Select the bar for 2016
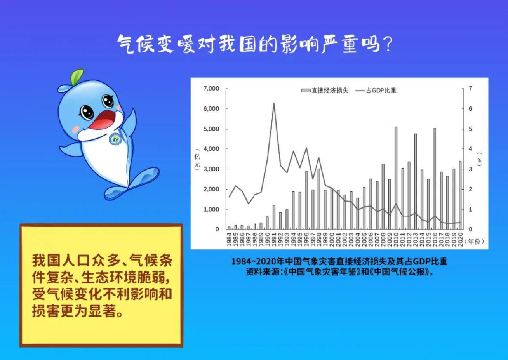435,178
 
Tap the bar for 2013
415,181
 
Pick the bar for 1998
319,199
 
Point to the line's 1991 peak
274,103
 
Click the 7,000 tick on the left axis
211,89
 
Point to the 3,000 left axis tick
211,169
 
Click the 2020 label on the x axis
460,239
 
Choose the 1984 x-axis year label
229,239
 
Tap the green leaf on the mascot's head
77,76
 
